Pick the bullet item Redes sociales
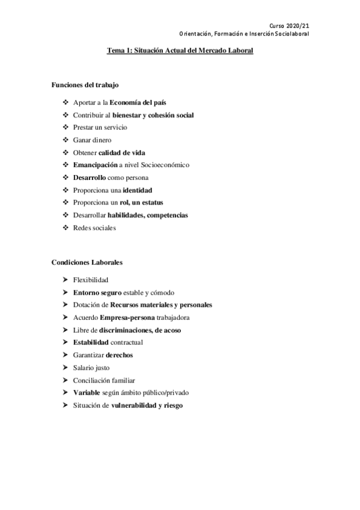click(94, 227)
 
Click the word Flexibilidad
click(91, 280)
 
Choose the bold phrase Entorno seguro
click(97, 292)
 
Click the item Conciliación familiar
click(103, 380)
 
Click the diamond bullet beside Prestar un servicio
click(66, 127)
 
